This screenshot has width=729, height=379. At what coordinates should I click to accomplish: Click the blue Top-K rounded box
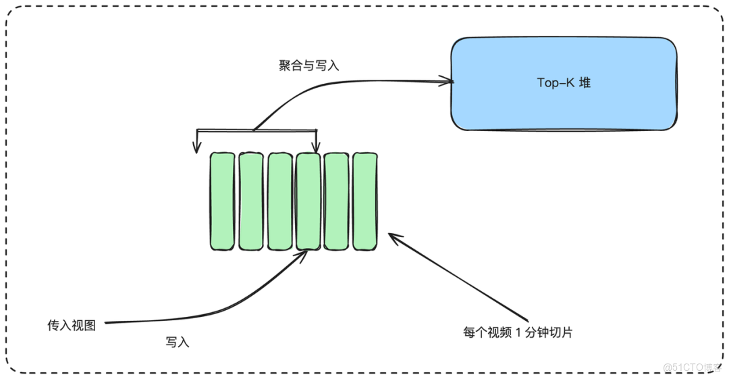564,83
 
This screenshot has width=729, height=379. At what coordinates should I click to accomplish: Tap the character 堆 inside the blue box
585,83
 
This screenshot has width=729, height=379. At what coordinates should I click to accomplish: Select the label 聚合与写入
309,66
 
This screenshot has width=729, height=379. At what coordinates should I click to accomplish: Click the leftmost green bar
221,201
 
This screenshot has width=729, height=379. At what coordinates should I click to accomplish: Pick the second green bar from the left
250,201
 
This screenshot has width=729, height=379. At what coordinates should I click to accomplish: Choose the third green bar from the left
279,201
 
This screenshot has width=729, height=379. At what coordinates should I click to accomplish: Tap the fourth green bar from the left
308,201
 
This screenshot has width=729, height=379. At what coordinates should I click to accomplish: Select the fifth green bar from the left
336,201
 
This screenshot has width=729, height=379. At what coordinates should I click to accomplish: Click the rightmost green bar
365,201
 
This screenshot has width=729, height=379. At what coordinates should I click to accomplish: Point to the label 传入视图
72,326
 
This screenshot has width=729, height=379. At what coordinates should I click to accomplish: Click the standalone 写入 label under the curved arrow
178,343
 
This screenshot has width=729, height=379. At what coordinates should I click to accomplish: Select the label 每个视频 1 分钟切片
518,332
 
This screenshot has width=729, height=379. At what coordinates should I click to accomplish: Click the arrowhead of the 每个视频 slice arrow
394,237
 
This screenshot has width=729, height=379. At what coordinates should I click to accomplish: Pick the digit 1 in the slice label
518,332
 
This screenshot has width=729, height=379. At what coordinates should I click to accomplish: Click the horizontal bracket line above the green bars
256,130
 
